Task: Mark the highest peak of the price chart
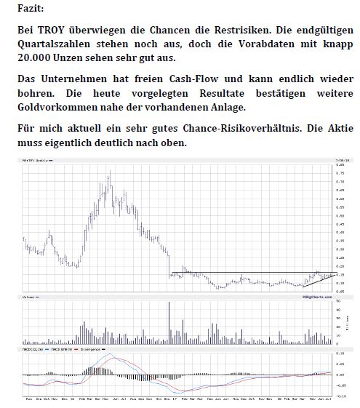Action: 110,172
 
